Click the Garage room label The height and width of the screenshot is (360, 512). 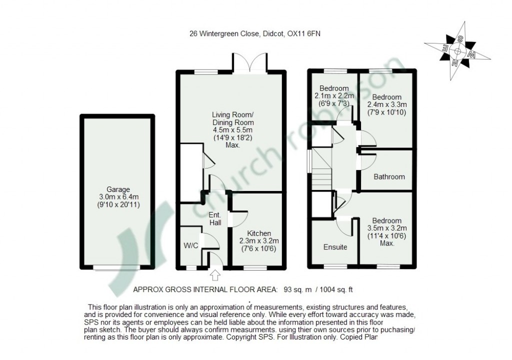click(118, 189)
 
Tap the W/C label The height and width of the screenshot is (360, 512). click(191, 245)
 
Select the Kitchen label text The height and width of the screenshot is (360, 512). click(259, 233)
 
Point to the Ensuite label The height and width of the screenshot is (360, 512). click(335, 247)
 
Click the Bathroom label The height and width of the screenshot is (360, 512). click(389, 176)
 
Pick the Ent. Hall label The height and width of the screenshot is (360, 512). click(215, 219)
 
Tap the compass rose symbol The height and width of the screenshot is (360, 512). click(457, 51)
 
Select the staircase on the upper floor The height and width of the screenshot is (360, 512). click(321, 169)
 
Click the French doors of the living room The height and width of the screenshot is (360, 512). click(250, 63)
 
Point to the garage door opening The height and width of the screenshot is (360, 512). click(117, 267)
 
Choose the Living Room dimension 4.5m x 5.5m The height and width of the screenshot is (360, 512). click(233, 130)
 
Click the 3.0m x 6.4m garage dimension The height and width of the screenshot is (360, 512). click(118, 197)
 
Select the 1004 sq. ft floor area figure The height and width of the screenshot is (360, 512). click(336, 289)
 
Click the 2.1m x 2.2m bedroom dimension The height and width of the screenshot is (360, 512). click(334, 95)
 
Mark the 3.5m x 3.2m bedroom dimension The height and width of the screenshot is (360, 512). click(387, 228)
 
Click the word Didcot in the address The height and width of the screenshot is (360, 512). click(272, 33)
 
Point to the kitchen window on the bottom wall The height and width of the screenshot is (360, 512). click(255, 267)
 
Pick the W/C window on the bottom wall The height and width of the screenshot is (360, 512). click(191, 267)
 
